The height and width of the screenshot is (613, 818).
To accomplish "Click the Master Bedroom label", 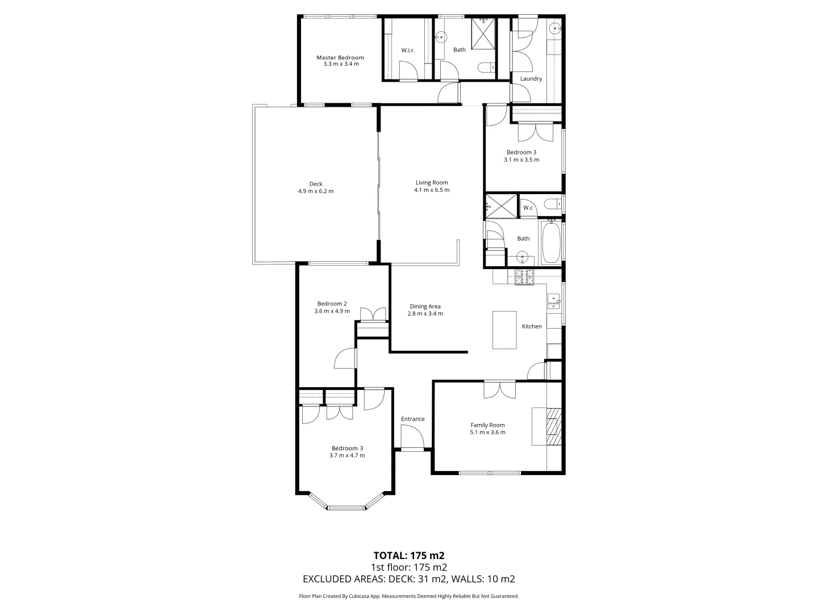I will [x=340, y=57].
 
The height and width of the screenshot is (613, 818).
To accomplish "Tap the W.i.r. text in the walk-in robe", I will [x=408, y=51].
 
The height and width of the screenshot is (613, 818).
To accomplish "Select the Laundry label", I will [x=531, y=79].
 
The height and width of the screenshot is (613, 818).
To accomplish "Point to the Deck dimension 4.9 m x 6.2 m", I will [x=316, y=191].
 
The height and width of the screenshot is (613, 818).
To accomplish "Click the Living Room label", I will [x=432, y=183].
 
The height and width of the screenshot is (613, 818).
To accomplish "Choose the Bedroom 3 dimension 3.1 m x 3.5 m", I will [x=521, y=160].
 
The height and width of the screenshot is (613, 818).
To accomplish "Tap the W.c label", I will [x=528, y=208].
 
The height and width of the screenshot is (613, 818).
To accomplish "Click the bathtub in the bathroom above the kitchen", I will [x=550, y=243].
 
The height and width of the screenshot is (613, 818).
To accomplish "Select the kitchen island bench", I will [x=504, y=330].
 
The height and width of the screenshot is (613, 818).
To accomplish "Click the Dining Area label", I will [x=425, y=306].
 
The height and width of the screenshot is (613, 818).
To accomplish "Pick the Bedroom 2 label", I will [x=332, y=304].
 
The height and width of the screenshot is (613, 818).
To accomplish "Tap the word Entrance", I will [x=413, y=419].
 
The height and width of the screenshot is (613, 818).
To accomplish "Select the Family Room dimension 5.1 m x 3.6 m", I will [x=487, y=433].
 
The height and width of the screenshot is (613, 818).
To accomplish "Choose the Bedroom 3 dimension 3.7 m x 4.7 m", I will [x=347, y=455].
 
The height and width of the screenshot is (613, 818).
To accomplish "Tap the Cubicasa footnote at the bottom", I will [x=408, y=596].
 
